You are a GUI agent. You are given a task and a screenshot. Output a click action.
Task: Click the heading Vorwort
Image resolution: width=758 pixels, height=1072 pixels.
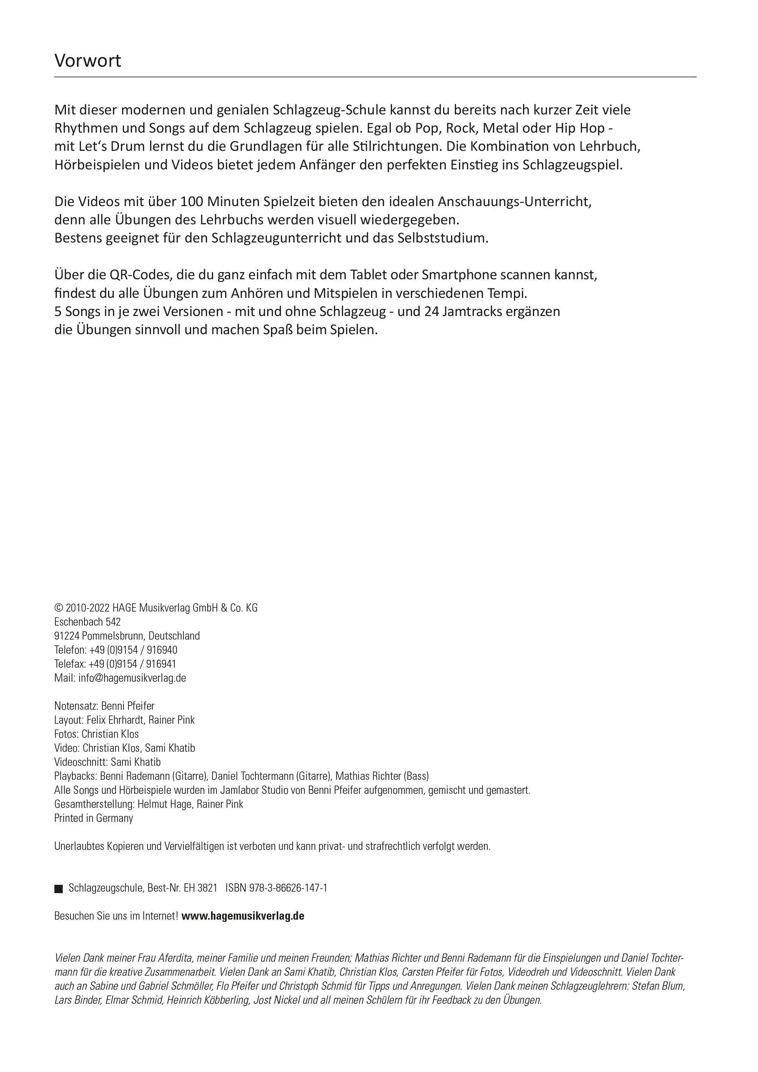(88, 61)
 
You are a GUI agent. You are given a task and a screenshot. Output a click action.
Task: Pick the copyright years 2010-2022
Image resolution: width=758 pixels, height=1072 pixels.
(88, 608)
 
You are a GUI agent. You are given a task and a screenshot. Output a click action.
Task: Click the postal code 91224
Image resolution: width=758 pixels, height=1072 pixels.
(67, 636)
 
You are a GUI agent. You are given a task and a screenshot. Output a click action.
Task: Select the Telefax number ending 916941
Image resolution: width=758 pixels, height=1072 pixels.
(161, 664)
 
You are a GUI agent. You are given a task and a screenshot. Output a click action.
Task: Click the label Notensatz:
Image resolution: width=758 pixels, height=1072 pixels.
(76, 706)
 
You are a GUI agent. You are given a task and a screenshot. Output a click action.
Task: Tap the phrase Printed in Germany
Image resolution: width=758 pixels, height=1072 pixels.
(93, 818)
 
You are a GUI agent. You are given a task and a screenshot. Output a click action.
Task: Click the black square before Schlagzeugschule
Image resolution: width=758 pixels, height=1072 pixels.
(58, 889)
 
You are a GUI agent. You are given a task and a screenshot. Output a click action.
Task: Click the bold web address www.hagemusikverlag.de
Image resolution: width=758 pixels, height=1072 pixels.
(243, 916)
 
